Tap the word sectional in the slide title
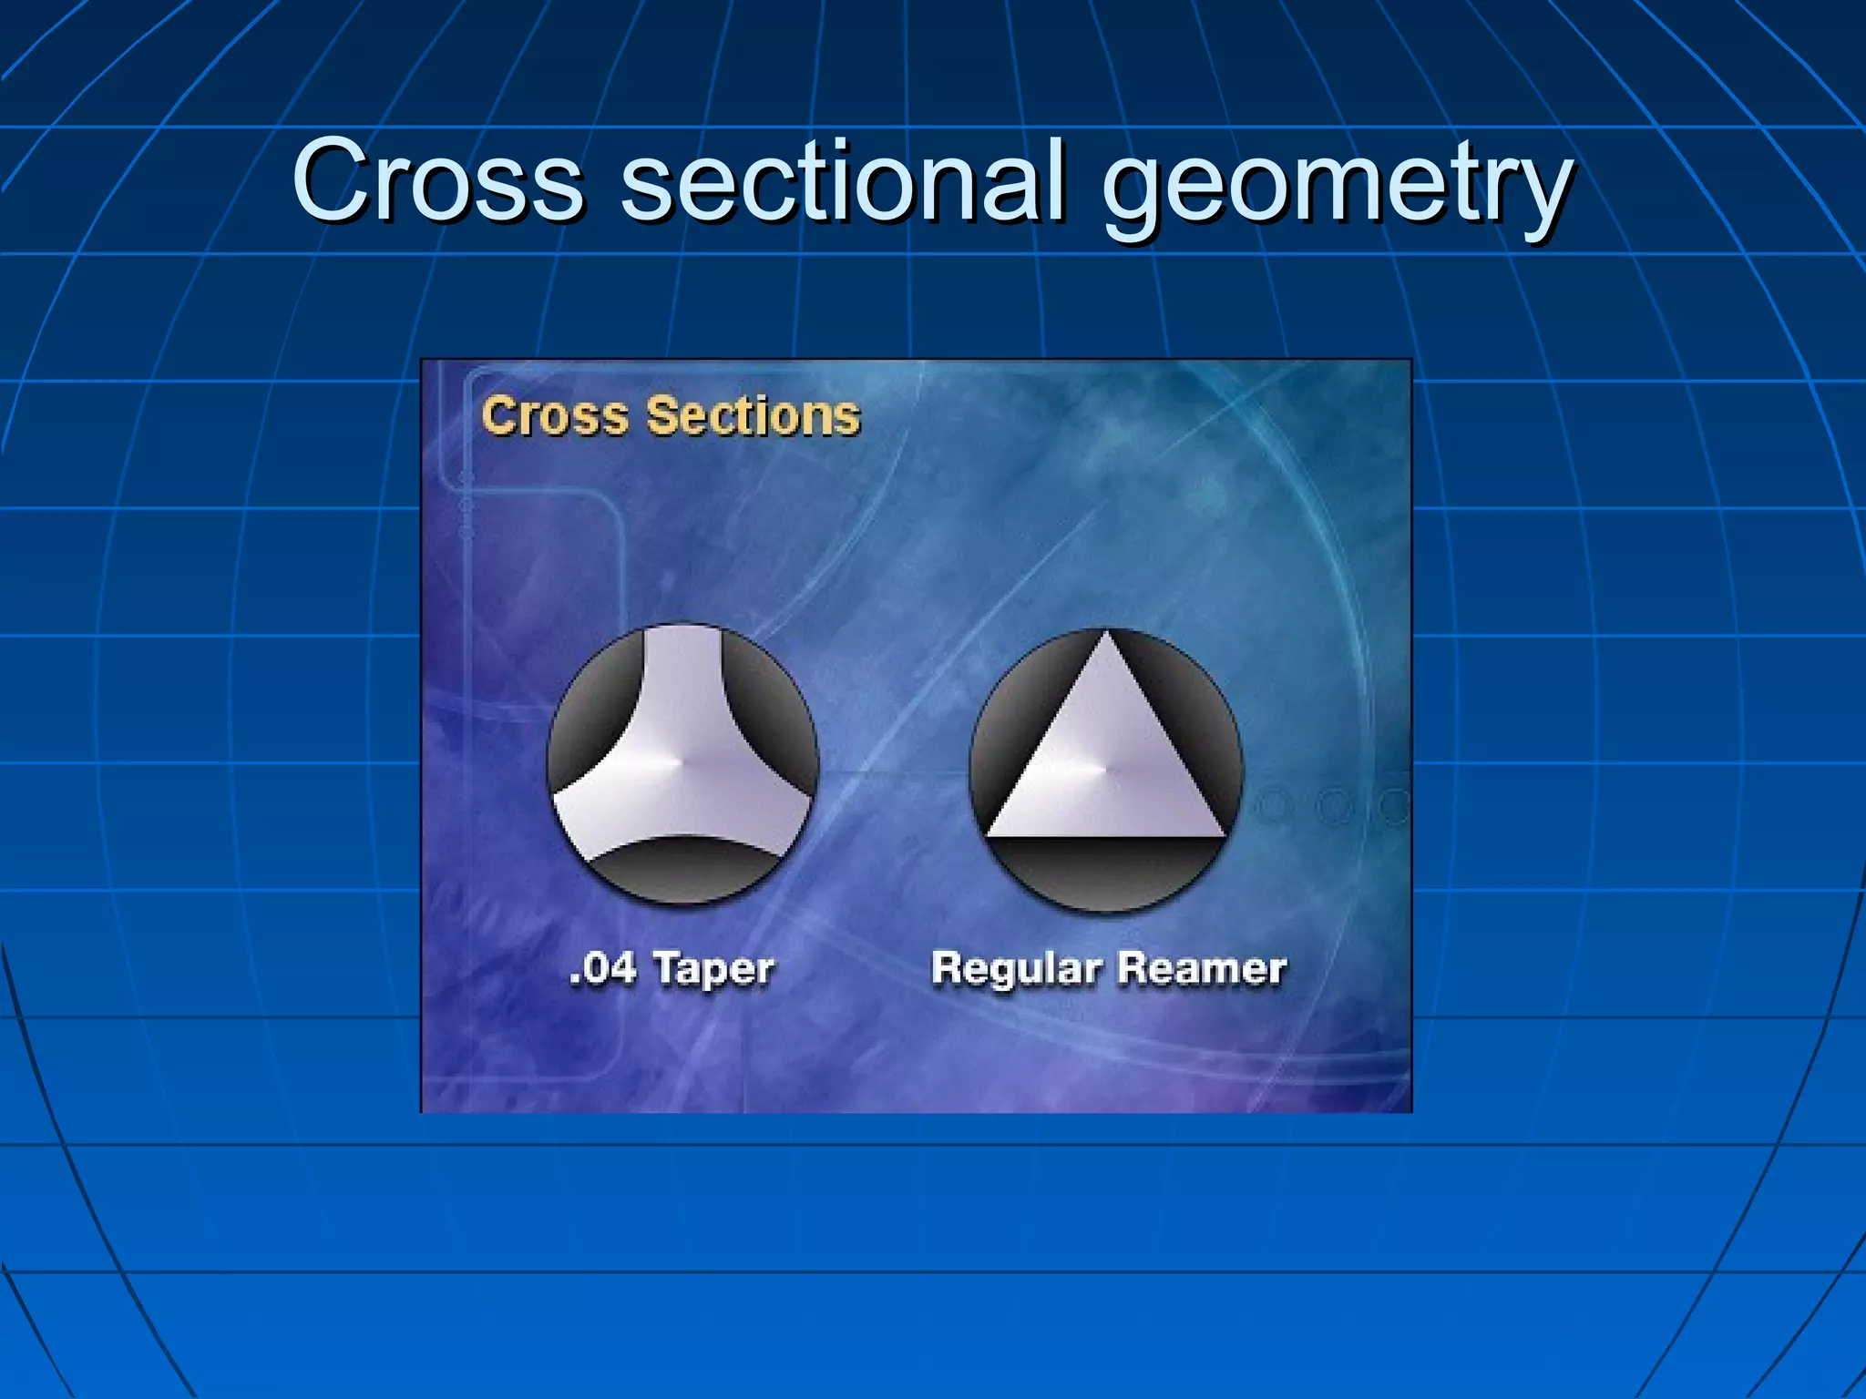pos(844,180)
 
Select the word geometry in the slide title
pos(1337,187)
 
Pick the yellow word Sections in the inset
pos(754,415)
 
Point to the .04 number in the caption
pos(602,968)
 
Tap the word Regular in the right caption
pos(1016,968)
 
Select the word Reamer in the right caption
pos(1202,968)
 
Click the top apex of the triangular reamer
pos(1106,638)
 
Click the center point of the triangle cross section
pos(1106,770)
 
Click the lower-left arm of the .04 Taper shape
pos(583,815)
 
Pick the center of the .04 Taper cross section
pos(682,761)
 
